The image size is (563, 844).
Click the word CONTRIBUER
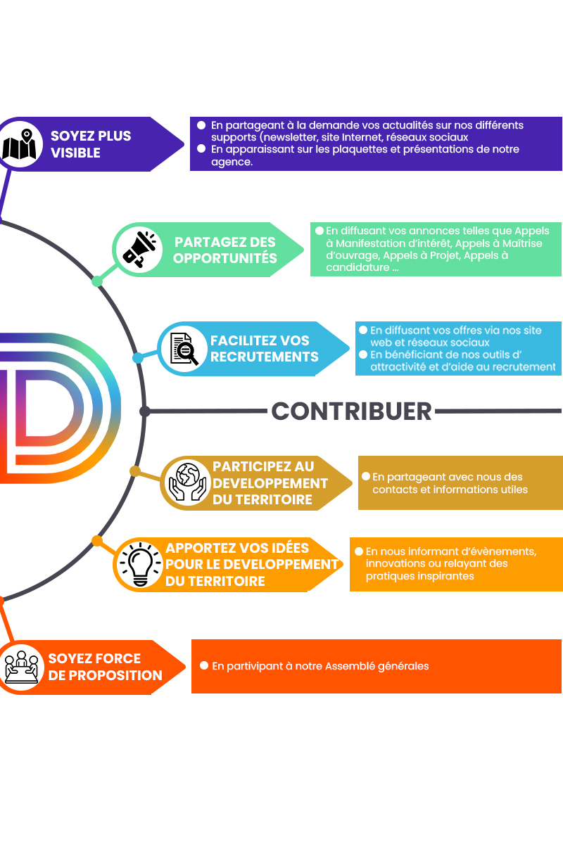351,411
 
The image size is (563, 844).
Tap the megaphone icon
139,250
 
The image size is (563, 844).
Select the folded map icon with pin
20,144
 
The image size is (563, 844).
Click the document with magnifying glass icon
184,349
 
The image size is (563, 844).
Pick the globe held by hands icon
186,483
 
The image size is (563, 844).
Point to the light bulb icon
140,564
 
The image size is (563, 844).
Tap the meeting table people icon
22,667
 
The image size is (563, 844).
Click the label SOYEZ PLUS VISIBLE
91,144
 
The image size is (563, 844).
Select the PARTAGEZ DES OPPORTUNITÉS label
225,250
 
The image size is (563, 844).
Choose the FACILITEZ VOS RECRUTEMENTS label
265,349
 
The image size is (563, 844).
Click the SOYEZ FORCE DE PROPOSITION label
105,667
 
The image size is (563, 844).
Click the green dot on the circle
97,281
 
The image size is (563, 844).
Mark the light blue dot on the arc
138,358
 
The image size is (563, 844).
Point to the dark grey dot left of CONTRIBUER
144,411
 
